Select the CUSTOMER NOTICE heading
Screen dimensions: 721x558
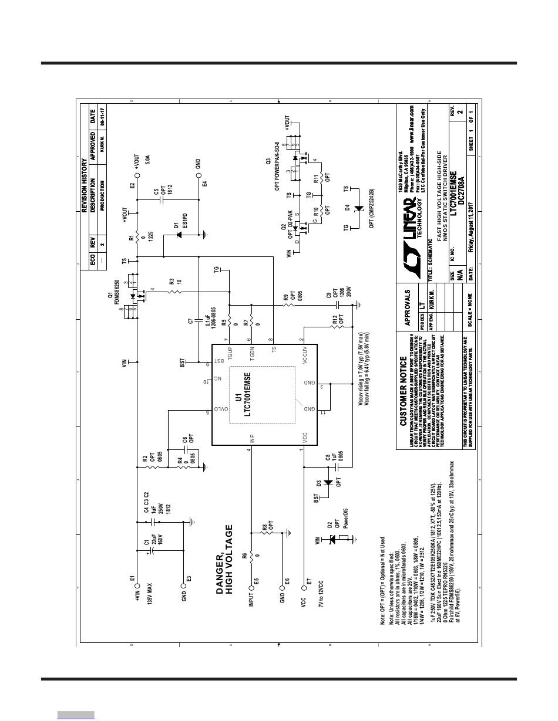pyautogui.click(x=403, y=391)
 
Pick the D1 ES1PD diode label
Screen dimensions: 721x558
pyautogui.click(x=179, y=225)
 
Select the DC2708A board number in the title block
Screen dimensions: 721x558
pyautogui.click(x=460, y=188)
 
